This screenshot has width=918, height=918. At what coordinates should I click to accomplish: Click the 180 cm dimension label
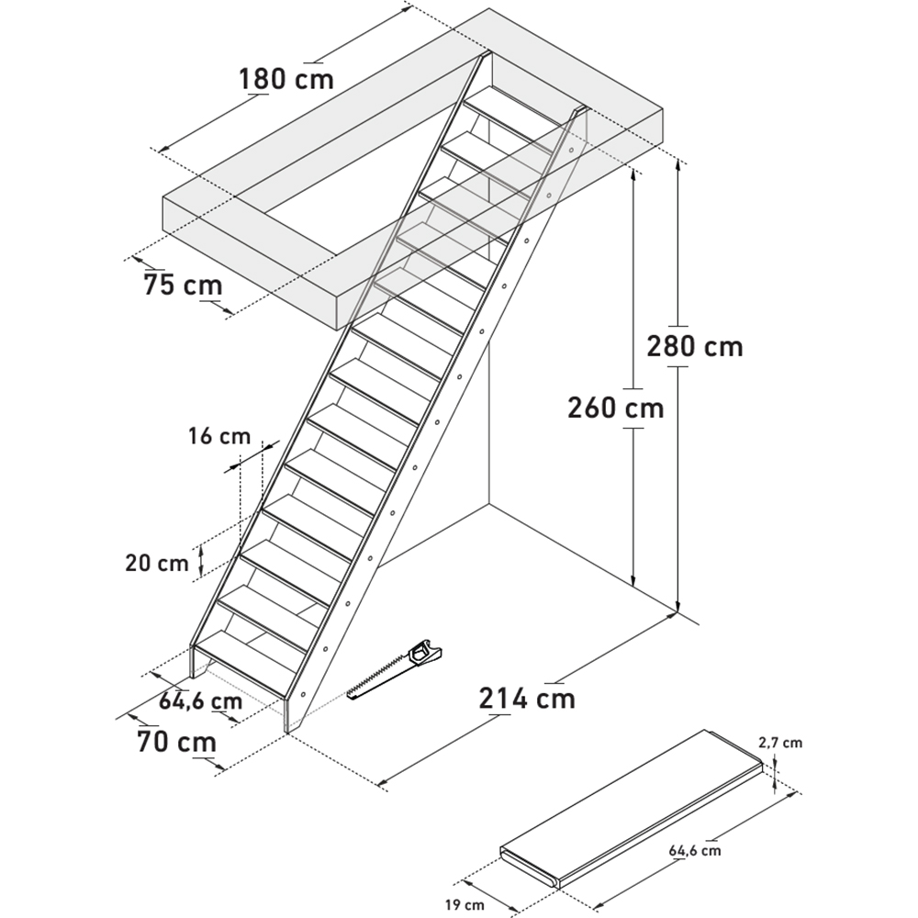click(x=286, y=78)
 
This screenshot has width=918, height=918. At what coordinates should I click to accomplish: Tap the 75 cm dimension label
click(x=183, y=285)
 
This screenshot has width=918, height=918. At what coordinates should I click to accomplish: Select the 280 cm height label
click(x=695, y=346)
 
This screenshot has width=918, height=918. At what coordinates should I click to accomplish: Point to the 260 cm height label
click(x=616, y=408)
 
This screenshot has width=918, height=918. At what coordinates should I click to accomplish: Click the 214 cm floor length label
click(x=527, y=699)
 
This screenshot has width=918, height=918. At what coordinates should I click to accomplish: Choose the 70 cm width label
click(x=177, y=741)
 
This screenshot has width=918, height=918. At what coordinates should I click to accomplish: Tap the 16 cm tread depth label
click(x=219, y=436)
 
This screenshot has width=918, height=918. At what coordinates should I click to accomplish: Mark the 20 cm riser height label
click(x=157, y=564)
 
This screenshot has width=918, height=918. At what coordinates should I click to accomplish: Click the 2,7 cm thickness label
click(x=780, y=743)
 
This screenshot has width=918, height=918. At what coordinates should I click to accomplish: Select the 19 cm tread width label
click(x=465, y=905)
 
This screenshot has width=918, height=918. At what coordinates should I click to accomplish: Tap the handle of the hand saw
click(x=426, y=653)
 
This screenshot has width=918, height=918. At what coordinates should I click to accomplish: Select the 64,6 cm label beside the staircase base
click(x=200, y=700)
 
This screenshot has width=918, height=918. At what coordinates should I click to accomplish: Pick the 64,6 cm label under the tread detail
click(x=696, y=849)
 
